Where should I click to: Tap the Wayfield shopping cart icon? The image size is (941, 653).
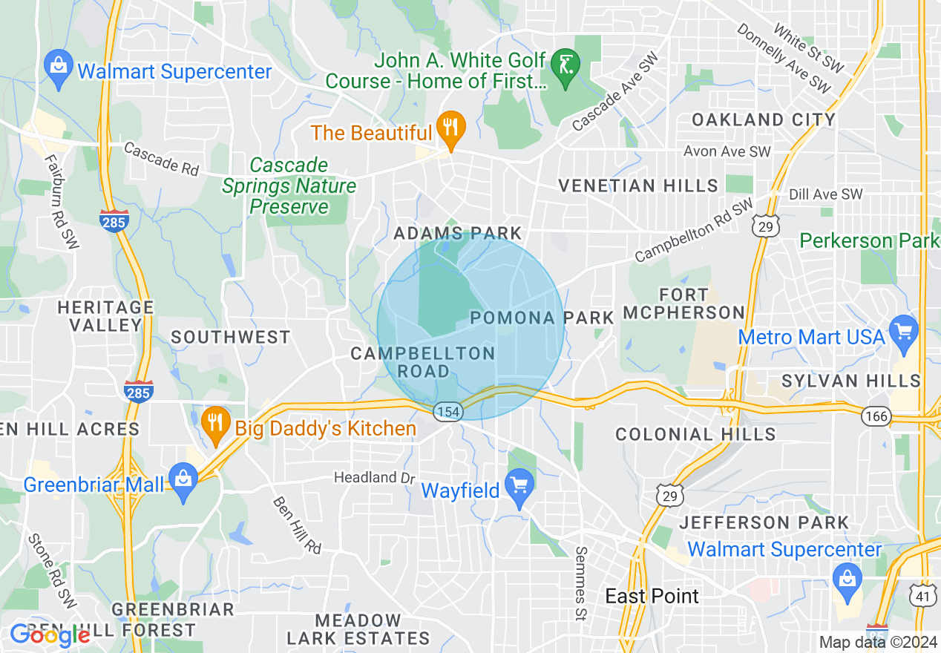[x=519, y=487]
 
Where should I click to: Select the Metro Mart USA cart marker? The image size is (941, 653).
[x=903, y=332]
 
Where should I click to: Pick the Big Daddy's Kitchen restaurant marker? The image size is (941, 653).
[x=214, y=424]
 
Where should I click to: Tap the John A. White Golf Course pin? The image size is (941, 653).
[x=566, y=68]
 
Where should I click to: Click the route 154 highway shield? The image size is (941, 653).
[x=448, y=411]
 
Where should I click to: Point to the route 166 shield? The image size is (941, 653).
[x=876, y=416]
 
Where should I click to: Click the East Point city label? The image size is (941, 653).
[x=652, y=596]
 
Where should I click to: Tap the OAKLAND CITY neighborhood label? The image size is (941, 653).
[x=764, y=119]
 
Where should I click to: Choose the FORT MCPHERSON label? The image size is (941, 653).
[x=683, y=304]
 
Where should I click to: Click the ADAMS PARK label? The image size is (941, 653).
[x=458, y=233]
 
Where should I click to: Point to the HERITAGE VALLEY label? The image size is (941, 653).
[x=105, y=316]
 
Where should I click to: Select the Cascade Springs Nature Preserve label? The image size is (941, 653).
[x=289, y=186]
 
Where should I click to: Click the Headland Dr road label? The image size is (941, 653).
[x=374, y=477]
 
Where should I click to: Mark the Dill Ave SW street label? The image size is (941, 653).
[x=825, y=194]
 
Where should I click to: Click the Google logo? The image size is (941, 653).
[x=50, y=635]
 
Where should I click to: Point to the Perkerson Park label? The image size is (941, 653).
[x=869, y=241]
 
